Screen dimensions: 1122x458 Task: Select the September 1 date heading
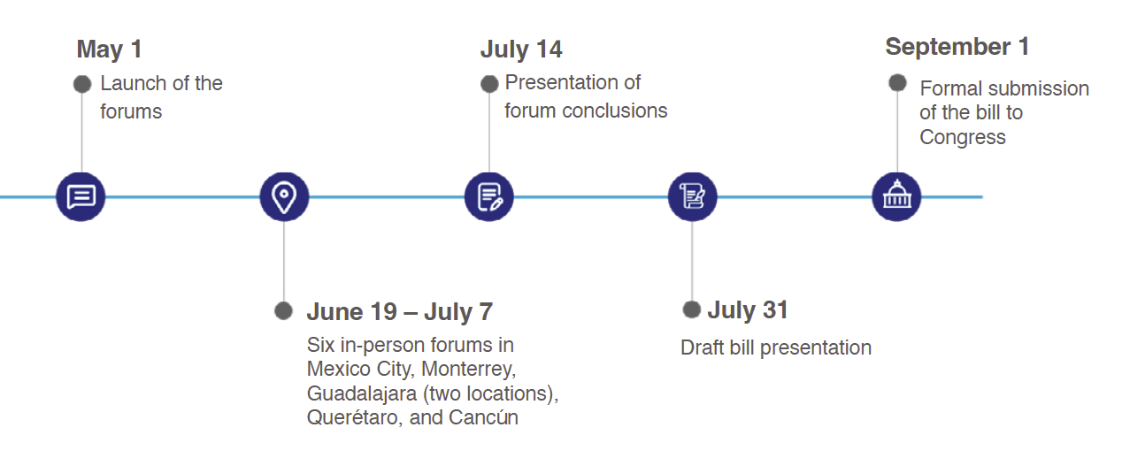[x=957, y=48]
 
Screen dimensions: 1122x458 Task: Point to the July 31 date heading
[x=748, y=310]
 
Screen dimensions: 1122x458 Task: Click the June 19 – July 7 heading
[x=400, y=312]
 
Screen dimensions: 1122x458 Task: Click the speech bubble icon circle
[x=81, y=196]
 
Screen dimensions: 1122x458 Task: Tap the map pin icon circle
[x=284, y=196]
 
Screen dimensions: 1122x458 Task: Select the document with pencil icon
[x=488, y=196]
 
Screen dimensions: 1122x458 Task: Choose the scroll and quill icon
[x=692, y=196]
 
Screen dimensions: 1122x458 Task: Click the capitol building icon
[x=896, y=196]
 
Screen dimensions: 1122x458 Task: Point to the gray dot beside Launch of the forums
[x=82, y=84]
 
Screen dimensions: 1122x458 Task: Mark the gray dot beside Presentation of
[x=489, y=84]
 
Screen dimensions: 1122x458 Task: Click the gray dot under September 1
[x=897, y=82]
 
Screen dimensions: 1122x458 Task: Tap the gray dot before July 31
[x=692, y=309]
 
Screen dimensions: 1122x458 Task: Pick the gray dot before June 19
[x=283, y=311]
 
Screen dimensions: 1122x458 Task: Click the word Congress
[x=962, y=138]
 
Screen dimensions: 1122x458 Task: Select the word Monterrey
[x=468, y=370]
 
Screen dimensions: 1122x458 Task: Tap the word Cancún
[x=483, y=417]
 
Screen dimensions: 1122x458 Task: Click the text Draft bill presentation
[x=776, y=347]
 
